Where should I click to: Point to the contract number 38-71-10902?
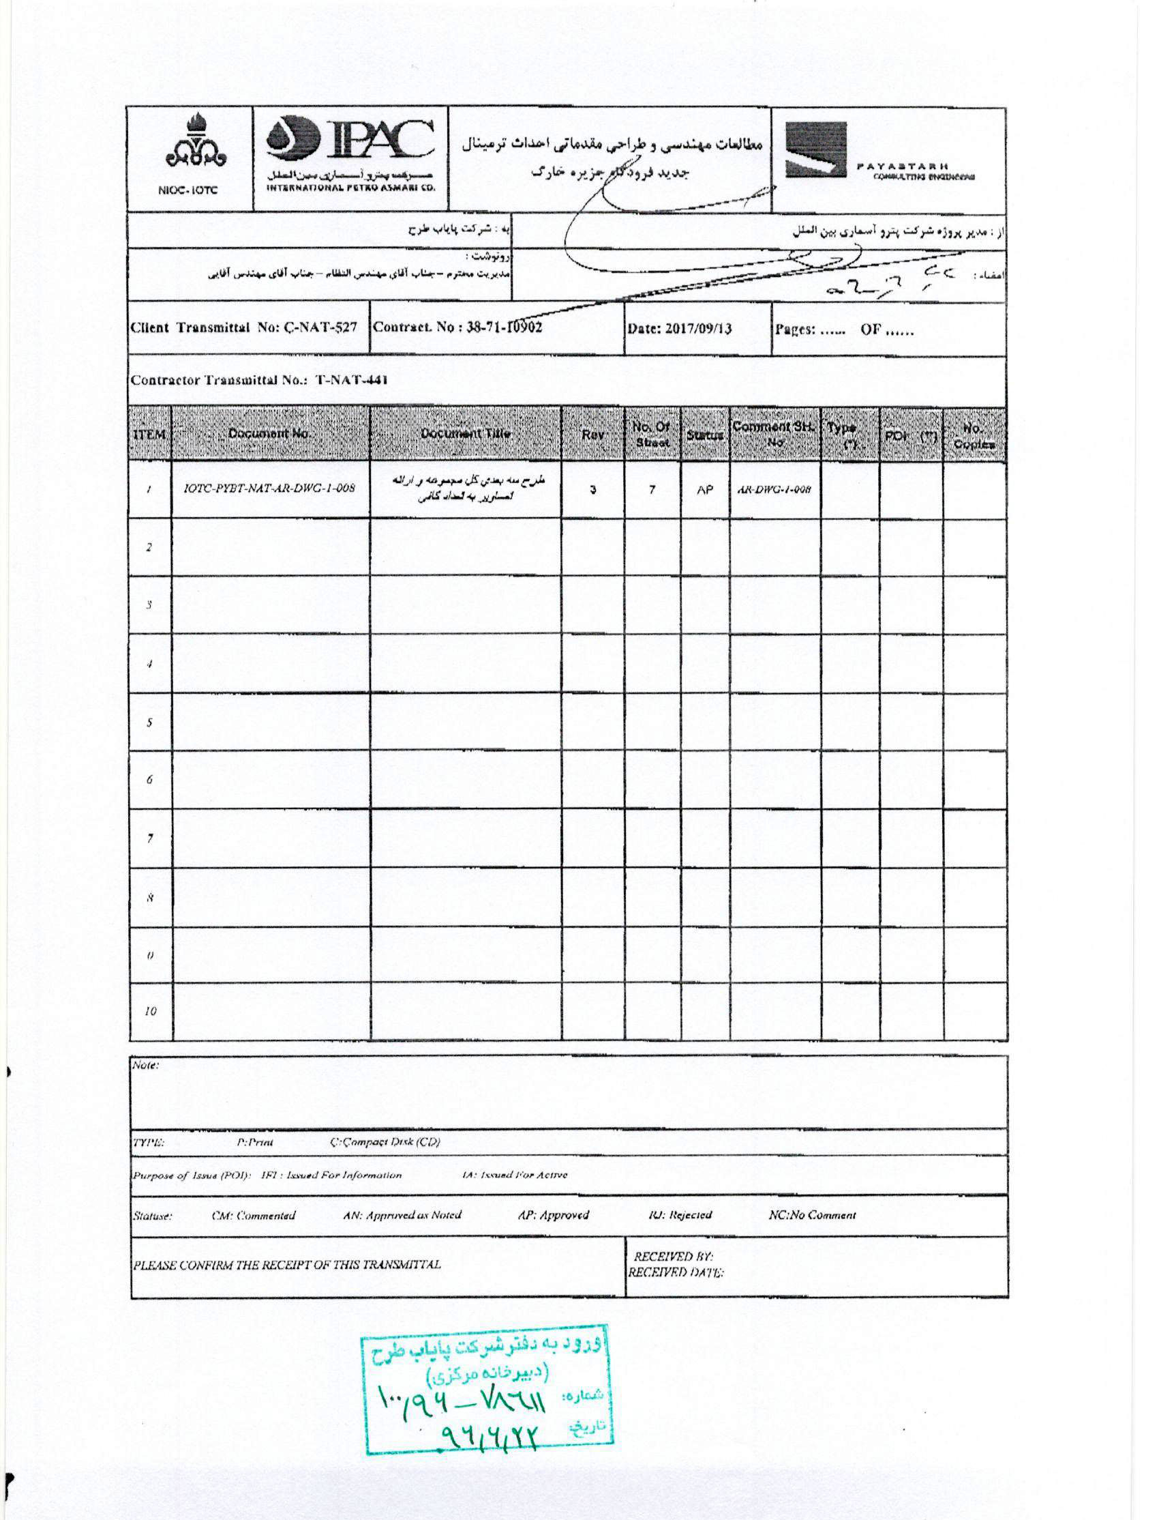pos(504,327)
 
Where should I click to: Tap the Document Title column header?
pos(466,433)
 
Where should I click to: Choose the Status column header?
pos(704,435)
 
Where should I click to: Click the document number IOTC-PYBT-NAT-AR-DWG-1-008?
pos(269,488)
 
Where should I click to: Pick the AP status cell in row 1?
pos(704,490)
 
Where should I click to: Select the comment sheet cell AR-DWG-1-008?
pos(773,490)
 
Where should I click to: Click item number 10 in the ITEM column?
pos(151,1011)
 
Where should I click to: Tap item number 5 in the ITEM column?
pos(150,722)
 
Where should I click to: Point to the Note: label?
pos(146,1065)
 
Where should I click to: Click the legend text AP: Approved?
pos(554,1215)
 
